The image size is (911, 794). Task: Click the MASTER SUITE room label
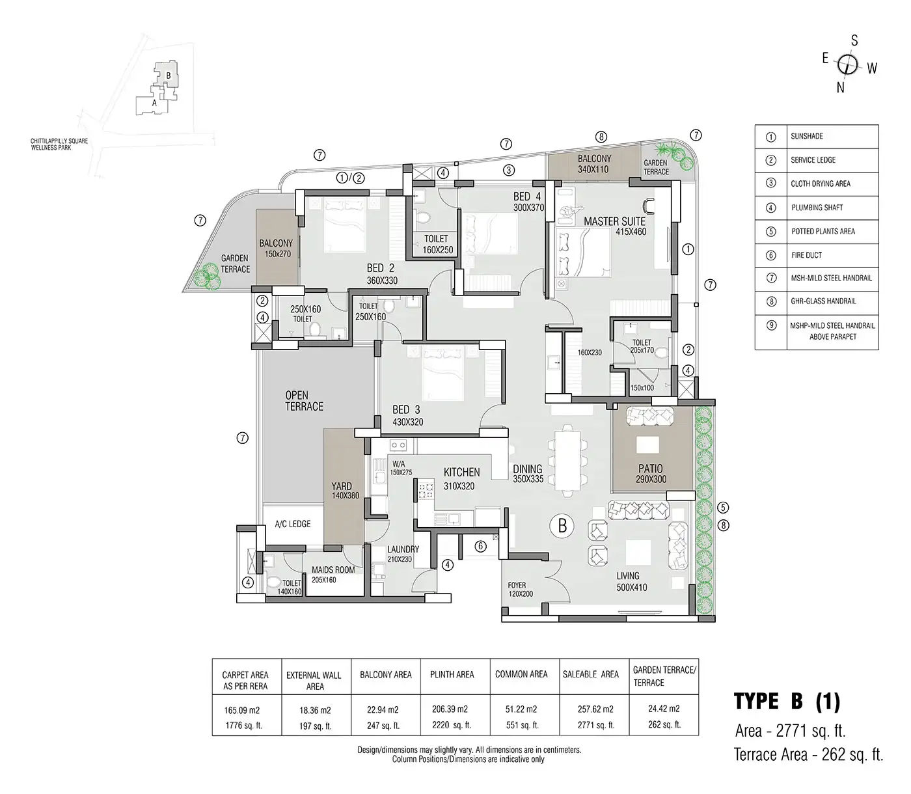pos(614,222)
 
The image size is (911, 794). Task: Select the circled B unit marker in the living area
pos(563,525)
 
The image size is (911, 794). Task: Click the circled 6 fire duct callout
pos(480,547)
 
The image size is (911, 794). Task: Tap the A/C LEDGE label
pos(292,524)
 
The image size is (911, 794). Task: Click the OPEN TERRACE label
pos(304,401)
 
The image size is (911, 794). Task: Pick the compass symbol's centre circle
pos(848,64)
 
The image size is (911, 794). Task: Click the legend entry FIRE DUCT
pos(806,255)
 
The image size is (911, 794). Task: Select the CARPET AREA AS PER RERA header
pos(245,680)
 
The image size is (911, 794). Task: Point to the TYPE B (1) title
pos(787,701)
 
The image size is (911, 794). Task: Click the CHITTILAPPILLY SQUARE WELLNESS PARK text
pos(60,144)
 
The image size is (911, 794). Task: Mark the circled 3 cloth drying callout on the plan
pos(509,170)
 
